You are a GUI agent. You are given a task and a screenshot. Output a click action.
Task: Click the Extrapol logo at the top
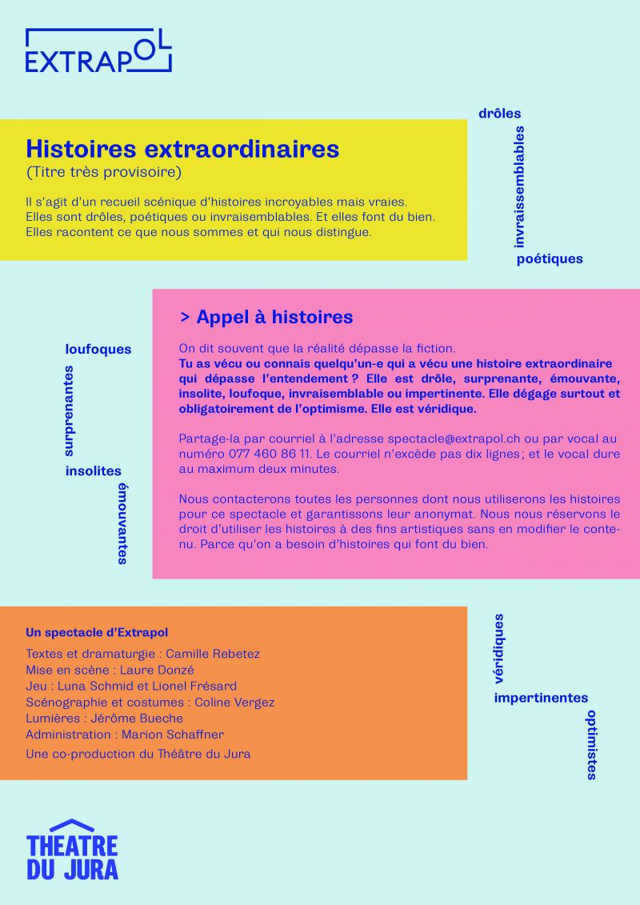[x=98, y=51]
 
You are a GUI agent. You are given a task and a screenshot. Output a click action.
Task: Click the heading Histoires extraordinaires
[x=182, y=149]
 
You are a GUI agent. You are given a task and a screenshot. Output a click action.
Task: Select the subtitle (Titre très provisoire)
[x=104, y=172]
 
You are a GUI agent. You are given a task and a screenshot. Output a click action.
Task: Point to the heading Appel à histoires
[x=266, y=317]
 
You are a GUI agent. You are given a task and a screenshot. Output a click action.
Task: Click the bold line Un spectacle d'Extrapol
[x=97, y=632]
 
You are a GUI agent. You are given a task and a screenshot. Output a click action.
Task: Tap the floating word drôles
[x=499, y=114]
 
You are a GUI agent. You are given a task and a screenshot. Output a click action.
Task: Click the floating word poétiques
[x=550, y=258]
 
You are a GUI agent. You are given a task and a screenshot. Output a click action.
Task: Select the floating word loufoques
[x=98, y=349]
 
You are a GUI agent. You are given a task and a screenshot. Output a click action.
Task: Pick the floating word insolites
[x=94, y=471]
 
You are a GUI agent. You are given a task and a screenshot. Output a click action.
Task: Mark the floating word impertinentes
[x=541, y=698]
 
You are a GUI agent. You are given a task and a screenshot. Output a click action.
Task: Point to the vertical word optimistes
[x=592, y=744]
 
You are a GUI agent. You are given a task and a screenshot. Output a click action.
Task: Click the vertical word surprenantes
[x=69, y=410]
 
